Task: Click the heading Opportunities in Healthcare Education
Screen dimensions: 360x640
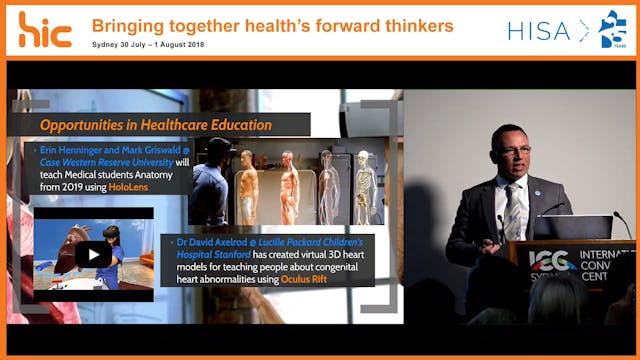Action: pyautogui.click(x=156, y=125)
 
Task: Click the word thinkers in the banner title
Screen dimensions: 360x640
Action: pyautogui.click(x=411, y=24)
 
